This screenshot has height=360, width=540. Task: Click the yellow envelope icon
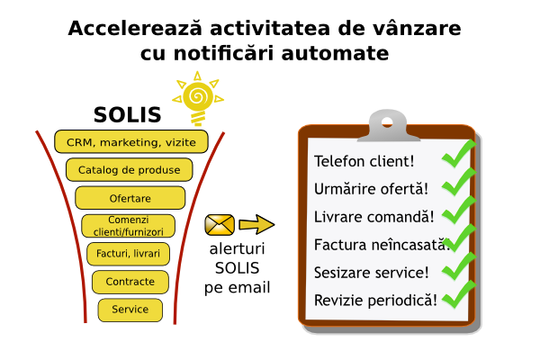pyautogui.click(x=220, y=225)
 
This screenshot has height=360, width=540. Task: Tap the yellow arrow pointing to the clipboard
pyautogui.click(x=256, y=225)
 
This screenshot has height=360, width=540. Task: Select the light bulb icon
pyautogui.click(x=198, y=98)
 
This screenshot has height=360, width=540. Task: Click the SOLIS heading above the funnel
pyautogui.click(x=128, y=114)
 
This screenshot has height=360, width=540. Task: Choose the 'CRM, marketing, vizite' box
pyautogui.click(x=131, y=141)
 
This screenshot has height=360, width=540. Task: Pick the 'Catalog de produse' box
pyautogui.click(x=129, y=169)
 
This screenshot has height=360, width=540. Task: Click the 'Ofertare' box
pyautogui.click(x=130, y=198)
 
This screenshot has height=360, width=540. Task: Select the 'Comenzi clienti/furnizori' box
pyautogui.click(x=128, y=226)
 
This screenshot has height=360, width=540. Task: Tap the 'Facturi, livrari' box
pyautogui.click(x=128, y=254)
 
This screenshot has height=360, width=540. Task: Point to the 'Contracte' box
pyautogui.click(x=130, y=282)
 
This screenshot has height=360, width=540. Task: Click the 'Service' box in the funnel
pyautogui.click(x=130, y=310)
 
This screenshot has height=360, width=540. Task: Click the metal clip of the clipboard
pyautogui.click(x=388, y=126)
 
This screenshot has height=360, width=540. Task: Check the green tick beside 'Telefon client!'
pyautogui.click(x=459, y=154)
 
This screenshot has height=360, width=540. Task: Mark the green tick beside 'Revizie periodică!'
pyautogui.click(x=459, y=295)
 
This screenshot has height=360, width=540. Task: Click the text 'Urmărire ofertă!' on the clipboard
pyautogui.click(x=371, y=189)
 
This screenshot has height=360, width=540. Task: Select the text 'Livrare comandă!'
pyautogui.click(x=374, y=217)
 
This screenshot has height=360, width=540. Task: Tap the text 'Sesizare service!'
pyautogui.click(x=371, y=273)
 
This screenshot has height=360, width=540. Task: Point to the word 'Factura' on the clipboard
pyautogui.click(x=336, y=245)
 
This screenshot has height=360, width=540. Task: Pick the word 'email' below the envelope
pyautogui.click(x=249, y=288)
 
